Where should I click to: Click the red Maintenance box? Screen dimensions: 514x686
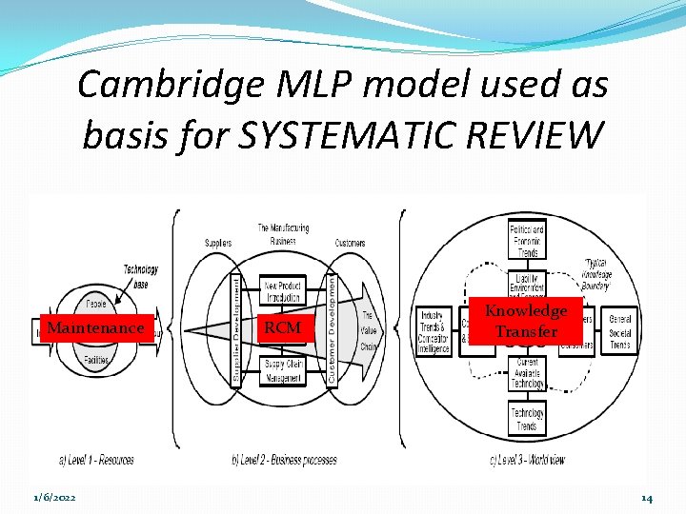95,327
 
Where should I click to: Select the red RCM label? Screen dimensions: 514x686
282,327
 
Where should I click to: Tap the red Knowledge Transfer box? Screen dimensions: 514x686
526,321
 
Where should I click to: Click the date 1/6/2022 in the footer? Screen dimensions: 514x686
54,498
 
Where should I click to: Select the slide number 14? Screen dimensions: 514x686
646,498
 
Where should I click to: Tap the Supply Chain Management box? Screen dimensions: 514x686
282,369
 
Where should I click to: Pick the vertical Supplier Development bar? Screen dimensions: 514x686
236,328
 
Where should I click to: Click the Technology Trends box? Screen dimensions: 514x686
527,418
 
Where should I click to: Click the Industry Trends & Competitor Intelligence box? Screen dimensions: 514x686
434,331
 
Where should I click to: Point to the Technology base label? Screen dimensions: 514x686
139,277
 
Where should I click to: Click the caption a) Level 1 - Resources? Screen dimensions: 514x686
96,460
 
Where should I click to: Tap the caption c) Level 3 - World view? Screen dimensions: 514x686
527,460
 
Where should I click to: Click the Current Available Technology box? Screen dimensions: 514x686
527,372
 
